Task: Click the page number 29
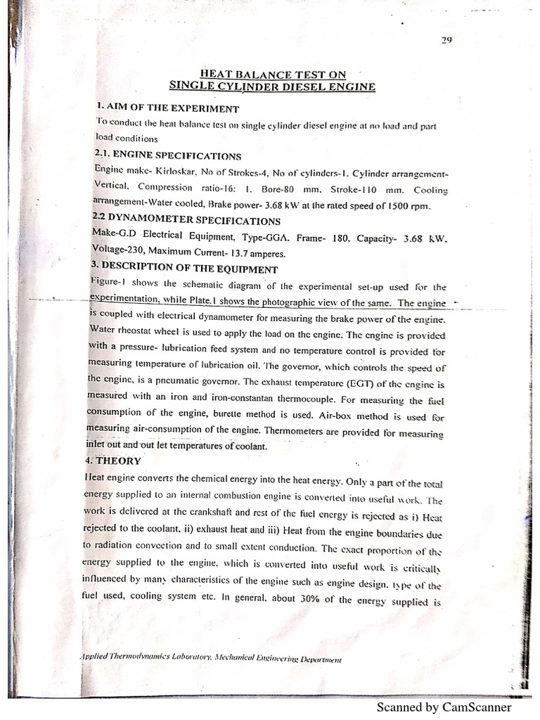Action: (x=446, y=39)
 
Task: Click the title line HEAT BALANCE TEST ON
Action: (x=273, y=74)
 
